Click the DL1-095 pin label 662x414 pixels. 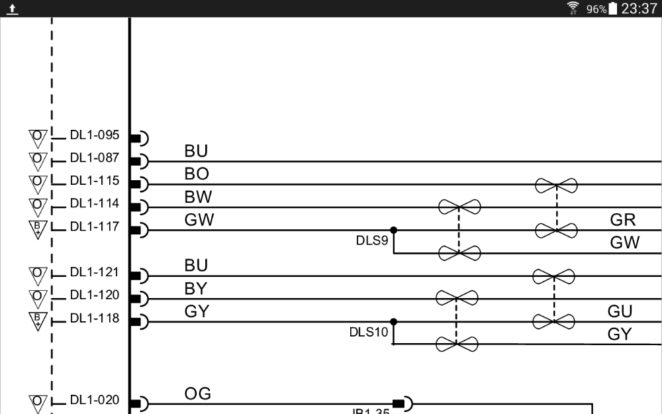[x=94, y=136]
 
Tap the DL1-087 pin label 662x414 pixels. [x=94, y=158]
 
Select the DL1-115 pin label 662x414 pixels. [x=94, y=181]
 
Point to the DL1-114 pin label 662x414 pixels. [x=94, y=203]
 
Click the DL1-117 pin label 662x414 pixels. [x=94, y=227]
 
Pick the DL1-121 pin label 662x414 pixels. [x=94, y=272]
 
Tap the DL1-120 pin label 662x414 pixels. [x=94, y=295]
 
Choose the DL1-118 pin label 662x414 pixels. [x=94, y=318]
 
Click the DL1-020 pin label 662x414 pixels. [x=94, y=400]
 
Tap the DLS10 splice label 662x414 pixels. [x=369, y=332]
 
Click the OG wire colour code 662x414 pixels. [x=197, y=394]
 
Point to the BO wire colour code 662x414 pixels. [x=197, y=174]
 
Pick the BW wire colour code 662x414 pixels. [x=198, y=197]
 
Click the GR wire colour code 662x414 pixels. [x=624, y=220]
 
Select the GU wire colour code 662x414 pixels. [x=620, y=311]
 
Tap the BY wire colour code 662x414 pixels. [x=197, y=289]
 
